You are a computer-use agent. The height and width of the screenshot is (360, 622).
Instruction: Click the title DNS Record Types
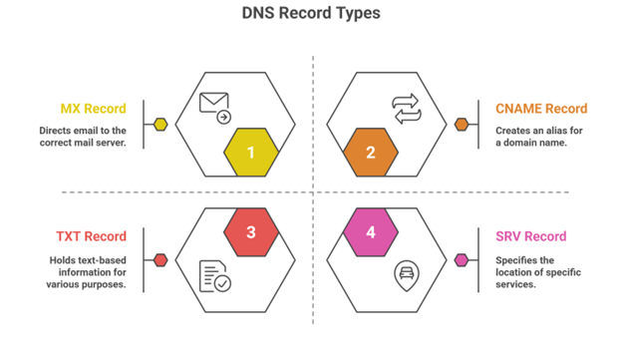click(x=311, y=15)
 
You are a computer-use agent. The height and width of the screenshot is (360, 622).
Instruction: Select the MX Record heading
click(x=92, y=109)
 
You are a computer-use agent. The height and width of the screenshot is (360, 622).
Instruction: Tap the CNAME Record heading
click(x=541, y=109)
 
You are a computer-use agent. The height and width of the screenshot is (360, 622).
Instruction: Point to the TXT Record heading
click(x=91, y=236)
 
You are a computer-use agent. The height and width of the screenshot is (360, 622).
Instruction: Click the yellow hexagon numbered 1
click(x=251, y=153)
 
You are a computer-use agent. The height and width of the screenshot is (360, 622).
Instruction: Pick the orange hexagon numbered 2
click(x=371, y=153)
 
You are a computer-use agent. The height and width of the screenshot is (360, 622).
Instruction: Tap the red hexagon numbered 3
click(x=251, y=232)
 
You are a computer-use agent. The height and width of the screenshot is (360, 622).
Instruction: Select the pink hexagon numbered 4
click(x=371, y=232)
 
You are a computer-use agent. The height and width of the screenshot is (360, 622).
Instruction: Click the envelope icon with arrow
click(x=215, y=107)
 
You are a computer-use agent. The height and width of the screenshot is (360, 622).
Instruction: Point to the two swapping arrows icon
click(x=407, y=108)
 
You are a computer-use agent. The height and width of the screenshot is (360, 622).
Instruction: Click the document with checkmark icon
click(x=214, y=276)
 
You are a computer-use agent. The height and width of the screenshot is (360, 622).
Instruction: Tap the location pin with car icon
click(x=407, y=275)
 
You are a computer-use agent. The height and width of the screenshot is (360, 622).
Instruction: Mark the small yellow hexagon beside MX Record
click(x=160, y=125)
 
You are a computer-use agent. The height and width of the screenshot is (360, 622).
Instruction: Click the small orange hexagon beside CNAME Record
click(x=462, y=125)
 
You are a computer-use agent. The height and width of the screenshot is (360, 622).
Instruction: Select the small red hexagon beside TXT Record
click(x=160, y=260)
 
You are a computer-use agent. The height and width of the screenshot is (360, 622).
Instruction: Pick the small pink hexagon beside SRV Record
click(x=462, y=260)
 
